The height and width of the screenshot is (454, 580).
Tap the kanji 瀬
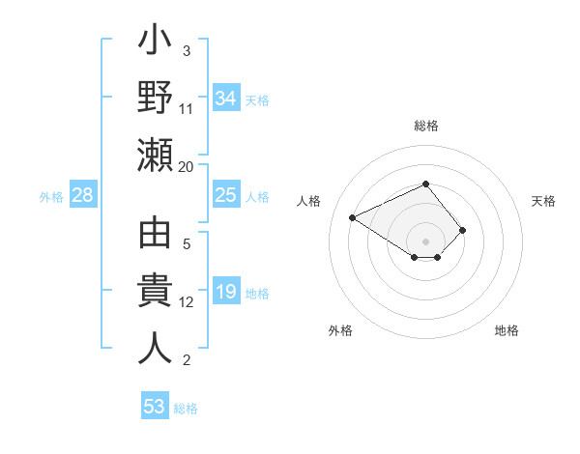[x=155, y=155]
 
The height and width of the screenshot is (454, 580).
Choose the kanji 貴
[x=155, y=292]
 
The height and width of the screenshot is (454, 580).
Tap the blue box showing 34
[x=225, y=99]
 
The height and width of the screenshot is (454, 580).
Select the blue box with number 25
[x=225, y=196]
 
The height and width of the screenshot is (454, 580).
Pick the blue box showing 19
[x=225, y=293]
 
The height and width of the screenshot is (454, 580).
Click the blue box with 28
[x=83, y=196]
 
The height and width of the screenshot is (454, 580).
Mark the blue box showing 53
[x=155, y=407]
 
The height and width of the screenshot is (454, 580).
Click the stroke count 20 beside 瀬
[x=187, y=166]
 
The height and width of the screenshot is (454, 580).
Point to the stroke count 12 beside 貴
[x=187, y=302]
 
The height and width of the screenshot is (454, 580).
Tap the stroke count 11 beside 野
[x=187, y=109]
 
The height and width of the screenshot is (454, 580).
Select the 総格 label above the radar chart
[x=425, y=126]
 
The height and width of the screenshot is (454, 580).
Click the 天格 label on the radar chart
[x=543, y=201]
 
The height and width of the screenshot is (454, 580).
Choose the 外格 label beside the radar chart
[x=340, y=330]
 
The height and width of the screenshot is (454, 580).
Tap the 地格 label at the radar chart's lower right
[x=507, y=330]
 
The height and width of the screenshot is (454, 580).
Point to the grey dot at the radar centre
[x=425, y=241]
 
